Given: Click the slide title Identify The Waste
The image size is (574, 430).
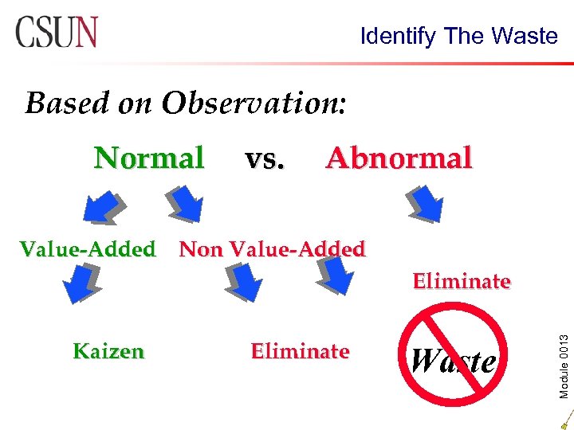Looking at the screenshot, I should pyautogui.click(x=458, y=36).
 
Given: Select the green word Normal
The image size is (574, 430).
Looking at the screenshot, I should pyautogui.click(x=149, y=158).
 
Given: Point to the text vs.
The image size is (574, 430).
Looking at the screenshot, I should pyautogui.click(x=265, y=158).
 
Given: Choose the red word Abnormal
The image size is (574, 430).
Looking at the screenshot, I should pyautogui.click(x=399, y=158).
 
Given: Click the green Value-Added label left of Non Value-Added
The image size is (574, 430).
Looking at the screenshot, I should pyautogui.click(x=88, y=249).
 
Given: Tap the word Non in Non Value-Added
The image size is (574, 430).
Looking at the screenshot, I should pyautogui.click(x=201, y=249).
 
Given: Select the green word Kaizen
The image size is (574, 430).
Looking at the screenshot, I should pyautogui.click(x=108, y=351).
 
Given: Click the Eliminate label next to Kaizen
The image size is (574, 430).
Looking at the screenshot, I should pyautogui.click(x=300, y=351).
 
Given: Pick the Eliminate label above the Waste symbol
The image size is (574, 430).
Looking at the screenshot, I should pyautogui.click(x=462, y=281).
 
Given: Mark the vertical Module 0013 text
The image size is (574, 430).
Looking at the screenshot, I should pyautogui.click(x=563, y=345).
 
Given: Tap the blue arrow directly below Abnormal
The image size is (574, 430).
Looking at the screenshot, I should pyautogui.click(x=424, y=205).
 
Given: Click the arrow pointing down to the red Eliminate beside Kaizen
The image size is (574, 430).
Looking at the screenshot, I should pyautogui.click(x=244, y=281).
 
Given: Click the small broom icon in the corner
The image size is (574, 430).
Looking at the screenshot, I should pyautogui.click(x=566, y=417).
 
